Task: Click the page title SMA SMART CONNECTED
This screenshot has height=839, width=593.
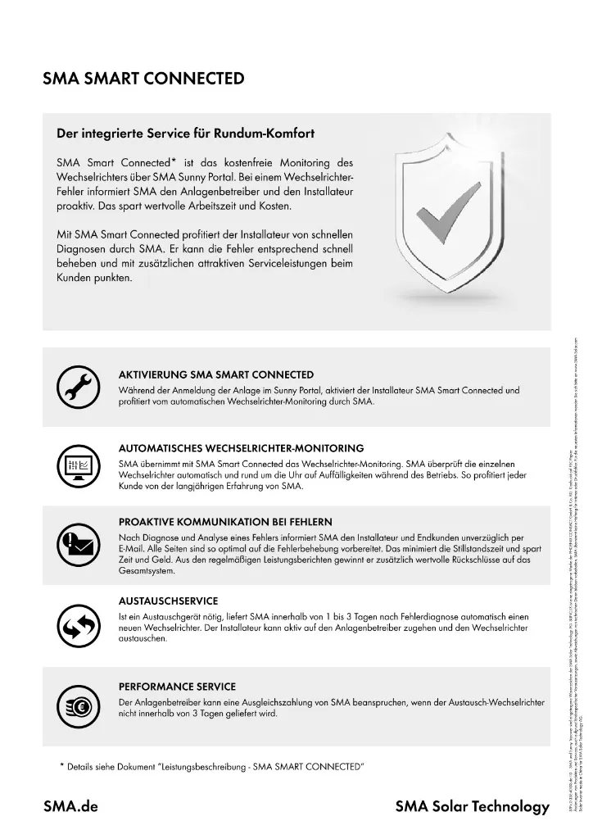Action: pos(143,79)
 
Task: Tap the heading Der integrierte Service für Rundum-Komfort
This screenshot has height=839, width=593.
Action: pos(185,132)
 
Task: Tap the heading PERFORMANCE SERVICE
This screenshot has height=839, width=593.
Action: pos(177,687)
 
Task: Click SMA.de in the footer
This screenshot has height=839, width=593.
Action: pos(70,806)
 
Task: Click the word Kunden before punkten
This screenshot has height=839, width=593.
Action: pos(75,278)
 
